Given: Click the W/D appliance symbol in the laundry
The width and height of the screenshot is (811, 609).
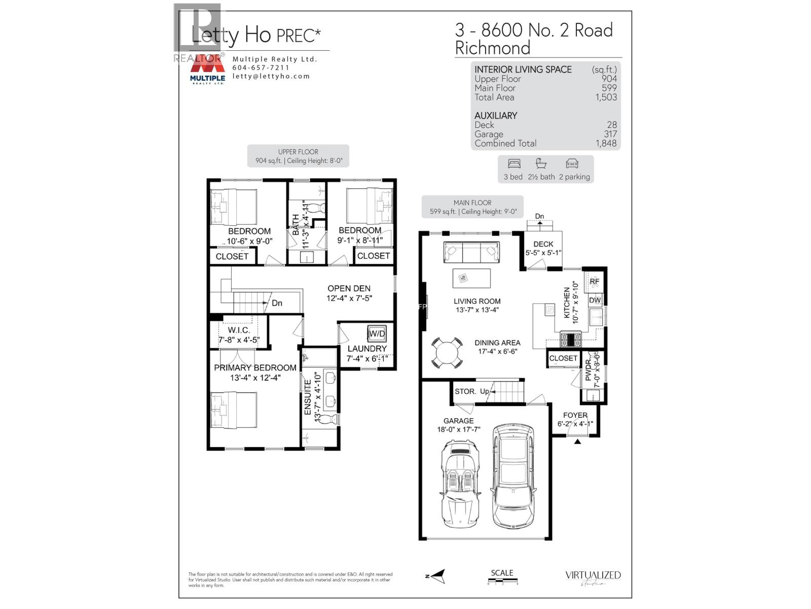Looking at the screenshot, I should coord(377,333).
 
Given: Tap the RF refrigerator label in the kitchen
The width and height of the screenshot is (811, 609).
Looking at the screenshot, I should coord(594,281).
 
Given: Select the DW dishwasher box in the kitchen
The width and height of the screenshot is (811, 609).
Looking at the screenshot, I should coord(595,300).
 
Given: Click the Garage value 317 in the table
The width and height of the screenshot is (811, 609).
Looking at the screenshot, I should coord(610,134).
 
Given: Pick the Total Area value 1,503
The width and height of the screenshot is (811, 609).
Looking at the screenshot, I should coord(606,97).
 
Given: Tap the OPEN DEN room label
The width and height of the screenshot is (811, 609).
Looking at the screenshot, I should coord(349,288).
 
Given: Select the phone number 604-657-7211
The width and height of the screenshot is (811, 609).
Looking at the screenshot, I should coord(261,67).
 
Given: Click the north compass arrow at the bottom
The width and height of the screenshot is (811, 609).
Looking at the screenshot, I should coord(436,576).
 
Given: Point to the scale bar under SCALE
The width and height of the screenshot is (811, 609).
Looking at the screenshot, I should coord(502,581).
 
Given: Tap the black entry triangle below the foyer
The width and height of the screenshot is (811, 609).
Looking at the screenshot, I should coord(577,442).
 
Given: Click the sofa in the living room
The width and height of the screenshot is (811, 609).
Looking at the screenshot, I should coord(471,252).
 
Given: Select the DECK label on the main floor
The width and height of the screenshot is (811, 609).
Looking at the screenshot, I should coord(543,244).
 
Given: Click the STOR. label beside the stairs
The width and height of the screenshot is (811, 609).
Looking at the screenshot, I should coord(465,391).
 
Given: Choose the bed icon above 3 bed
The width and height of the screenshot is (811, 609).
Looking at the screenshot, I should coord(514,163).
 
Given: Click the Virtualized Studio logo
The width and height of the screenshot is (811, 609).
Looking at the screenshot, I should coord(593,578).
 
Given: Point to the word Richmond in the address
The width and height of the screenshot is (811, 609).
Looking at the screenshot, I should coord(492,48).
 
